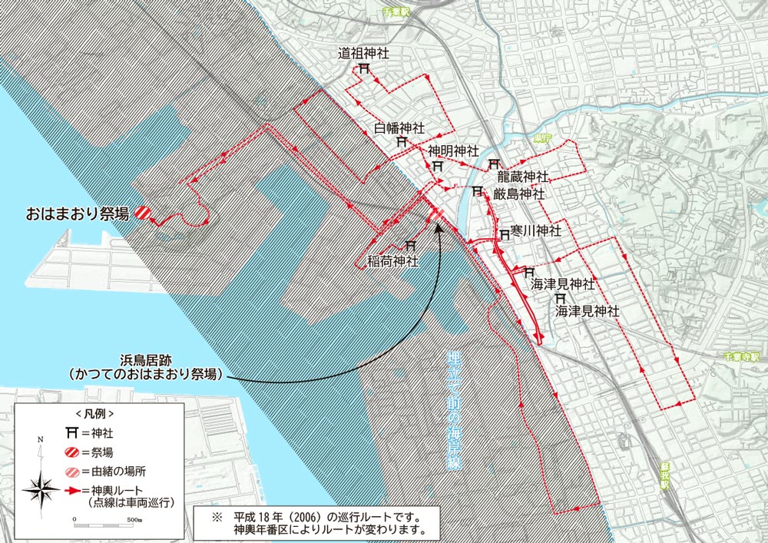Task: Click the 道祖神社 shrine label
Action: [x=365, y=54]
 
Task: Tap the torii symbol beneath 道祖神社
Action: [x=363, y=69]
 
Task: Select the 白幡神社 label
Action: [x=399, y=127]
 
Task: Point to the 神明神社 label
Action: [x=453, y=151]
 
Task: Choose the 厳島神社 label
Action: [x=519, y=194]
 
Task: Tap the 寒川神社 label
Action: [x=537, y=230]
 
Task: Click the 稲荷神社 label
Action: [x=394, y=261]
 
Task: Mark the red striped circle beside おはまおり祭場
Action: [x=142, y=214]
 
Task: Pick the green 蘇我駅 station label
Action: [x=664, y=476]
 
